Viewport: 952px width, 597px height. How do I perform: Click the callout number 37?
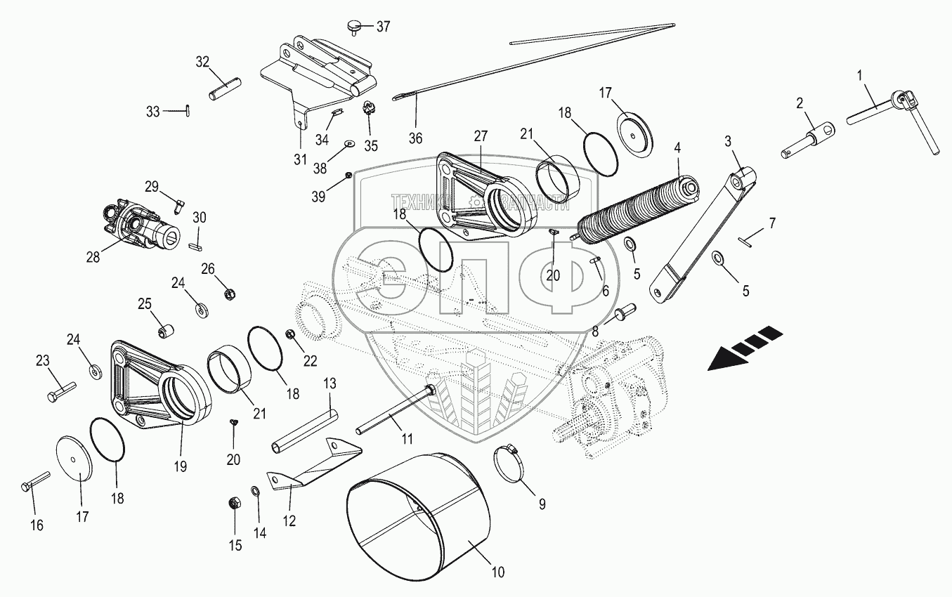pos(383,27)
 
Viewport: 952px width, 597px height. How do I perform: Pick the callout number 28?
pos(93,257)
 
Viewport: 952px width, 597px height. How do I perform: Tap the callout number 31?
pos(300,160)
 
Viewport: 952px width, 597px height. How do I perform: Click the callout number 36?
pos(416,138)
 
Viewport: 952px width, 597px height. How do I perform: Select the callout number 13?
pos(330,383)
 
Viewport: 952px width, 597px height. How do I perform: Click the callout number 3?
pos(729,141)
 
